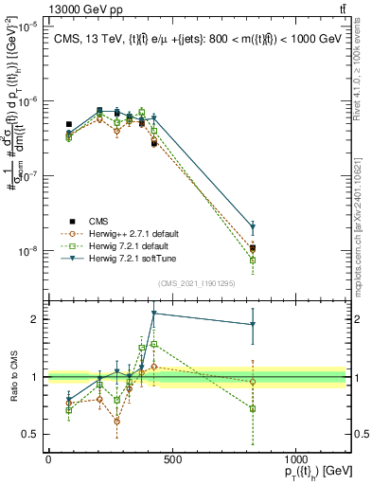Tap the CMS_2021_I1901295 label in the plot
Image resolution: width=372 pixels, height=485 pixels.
tap(197, 283)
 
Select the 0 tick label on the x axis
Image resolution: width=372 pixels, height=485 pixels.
tap(48, 459)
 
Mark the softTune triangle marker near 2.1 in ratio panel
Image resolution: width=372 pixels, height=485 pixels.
tap(153, 314)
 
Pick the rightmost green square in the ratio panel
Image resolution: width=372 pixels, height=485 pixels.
tap(253, 408)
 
